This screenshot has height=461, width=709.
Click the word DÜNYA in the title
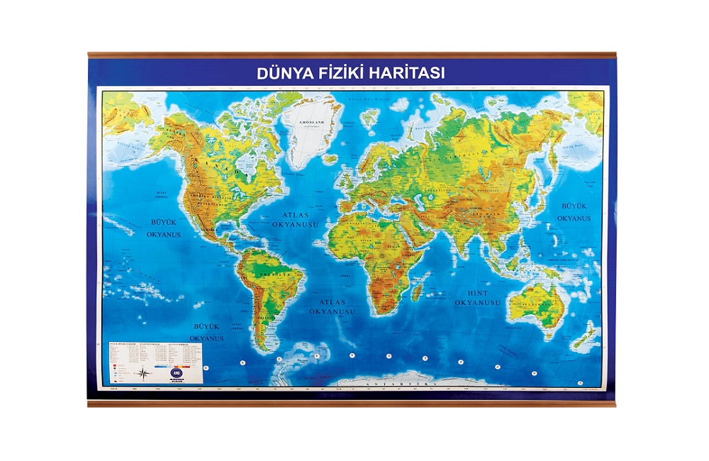coord(280,72)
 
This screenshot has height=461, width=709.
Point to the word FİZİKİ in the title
coord(341,72)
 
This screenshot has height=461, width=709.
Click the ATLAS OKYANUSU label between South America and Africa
coord(332,306)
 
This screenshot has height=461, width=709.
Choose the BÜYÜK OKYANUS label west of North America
coord(164,227)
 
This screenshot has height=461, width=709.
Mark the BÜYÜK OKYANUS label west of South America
coord(208,333)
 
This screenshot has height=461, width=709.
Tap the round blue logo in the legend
coord(176,370)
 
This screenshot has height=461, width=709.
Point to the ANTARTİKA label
coord(397,383)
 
